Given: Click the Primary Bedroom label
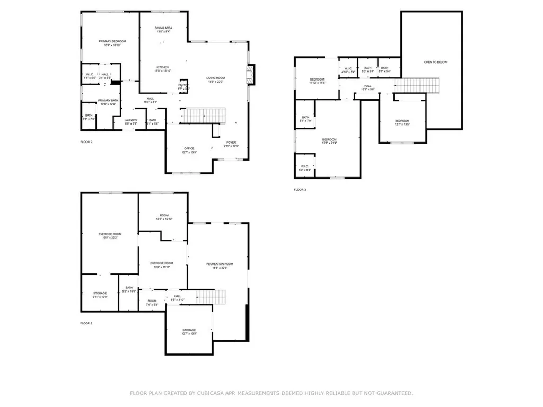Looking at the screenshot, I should pyautogui.click(x=110, y=43).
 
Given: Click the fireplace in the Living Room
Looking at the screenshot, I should pyautogui.click(x=252, y=74).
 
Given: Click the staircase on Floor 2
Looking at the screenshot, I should pyautogui.click(x=204, y=116).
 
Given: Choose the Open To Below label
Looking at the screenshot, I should pyautogui.click(x=435, y=63).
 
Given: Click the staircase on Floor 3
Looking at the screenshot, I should pyautogui.click(x=419, y=85).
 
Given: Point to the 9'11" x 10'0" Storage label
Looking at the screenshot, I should pyautogui.click(x=100, y=295).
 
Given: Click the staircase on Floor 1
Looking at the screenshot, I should pyautogui.click(x=212, y=297).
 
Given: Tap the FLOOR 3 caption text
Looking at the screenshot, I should pyautogui.click(x=300, y=189).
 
